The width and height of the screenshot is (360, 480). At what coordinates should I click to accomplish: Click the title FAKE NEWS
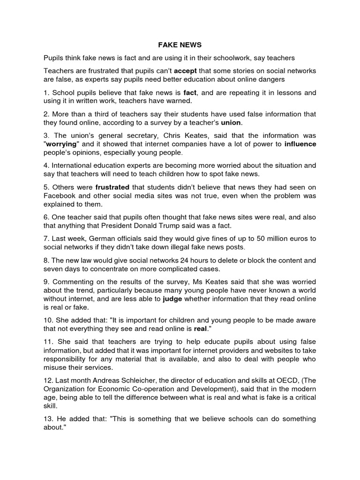[180, 45]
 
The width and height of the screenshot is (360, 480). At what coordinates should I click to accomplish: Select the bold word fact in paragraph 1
[190, 93]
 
